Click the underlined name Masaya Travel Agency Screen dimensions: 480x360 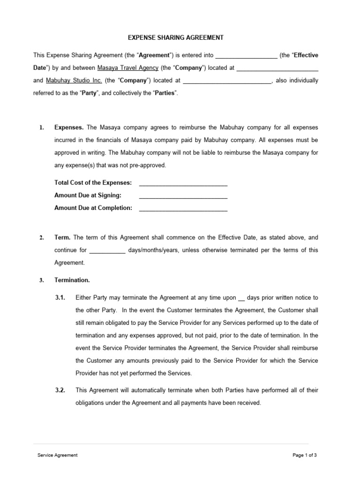click(127, 68)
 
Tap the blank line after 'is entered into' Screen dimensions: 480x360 click(246, 55)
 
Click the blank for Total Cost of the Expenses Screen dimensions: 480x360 click(183, 183)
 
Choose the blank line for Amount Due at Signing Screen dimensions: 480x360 click(183, 195)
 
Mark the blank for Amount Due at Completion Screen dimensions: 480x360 click(183, 208)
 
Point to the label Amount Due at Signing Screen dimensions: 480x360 click(88, 195)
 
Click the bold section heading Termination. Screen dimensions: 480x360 click(72, 280)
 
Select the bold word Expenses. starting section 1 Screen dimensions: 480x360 click(69, 127)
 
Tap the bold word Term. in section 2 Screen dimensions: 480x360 click(63, 238)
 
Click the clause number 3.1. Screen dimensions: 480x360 click(60, 298)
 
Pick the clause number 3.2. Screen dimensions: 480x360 click(60, 390)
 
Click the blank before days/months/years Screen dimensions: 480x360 click(107, 250)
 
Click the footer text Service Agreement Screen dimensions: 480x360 click(58, 455)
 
